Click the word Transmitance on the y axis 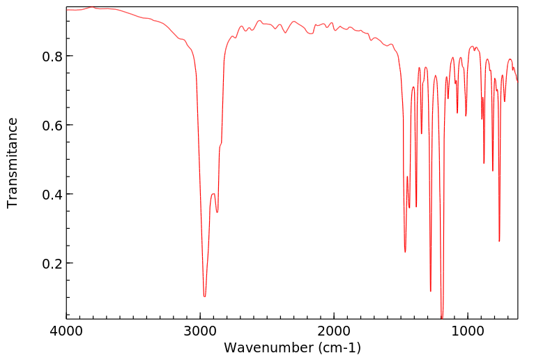(x=13, y=163)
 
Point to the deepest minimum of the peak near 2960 (x=204, y=297)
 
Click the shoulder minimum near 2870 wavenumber (x=218, y=212)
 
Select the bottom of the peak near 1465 (x=405, y=252)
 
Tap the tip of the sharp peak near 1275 (x=431, y=292)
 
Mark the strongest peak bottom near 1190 (x=442, y=317)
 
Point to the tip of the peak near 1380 (x=416, y=207)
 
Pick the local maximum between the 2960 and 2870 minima (x=213, y=194)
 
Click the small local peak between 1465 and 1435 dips (x=407, y=177)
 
